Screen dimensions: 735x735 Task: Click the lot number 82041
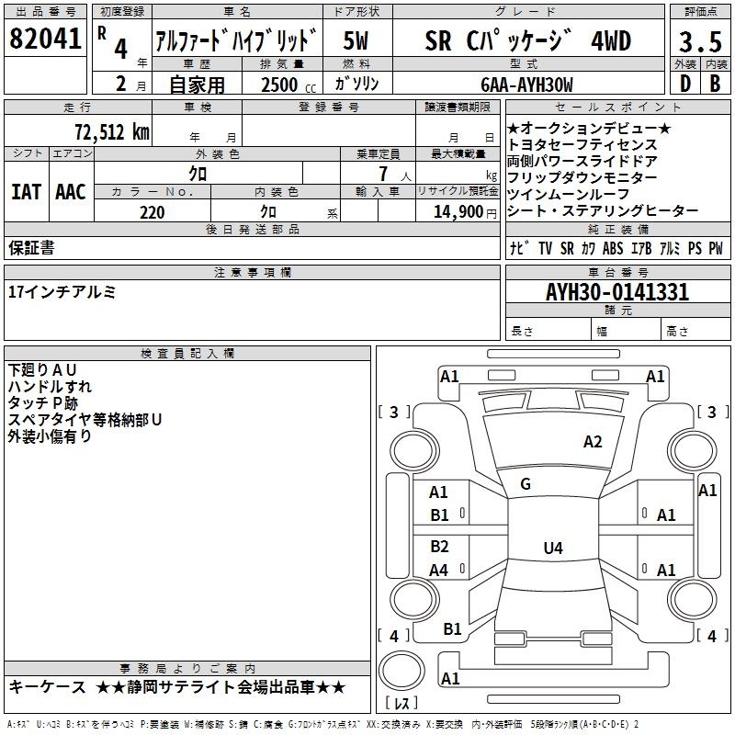pyautogui.click(x=45, y=39)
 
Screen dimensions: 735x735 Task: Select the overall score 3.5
pyautogui.click(x=700, y=41)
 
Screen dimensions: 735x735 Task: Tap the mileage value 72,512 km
pyautogui.click(x=112, y=132)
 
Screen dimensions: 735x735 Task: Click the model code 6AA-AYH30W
pyautogui.click(x=526, y=85)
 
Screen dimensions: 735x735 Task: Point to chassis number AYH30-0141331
pyautogui.click(x=617, y=292)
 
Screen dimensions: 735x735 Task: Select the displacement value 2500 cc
pyautogui.click(x=288, y=85)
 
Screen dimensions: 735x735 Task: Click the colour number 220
pyautogui.click(x=153, y=212)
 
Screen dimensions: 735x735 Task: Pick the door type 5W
pyautogui.click(x=356, y=40)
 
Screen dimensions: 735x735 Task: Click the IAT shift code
pyautogui.click(x=27, y=192)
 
